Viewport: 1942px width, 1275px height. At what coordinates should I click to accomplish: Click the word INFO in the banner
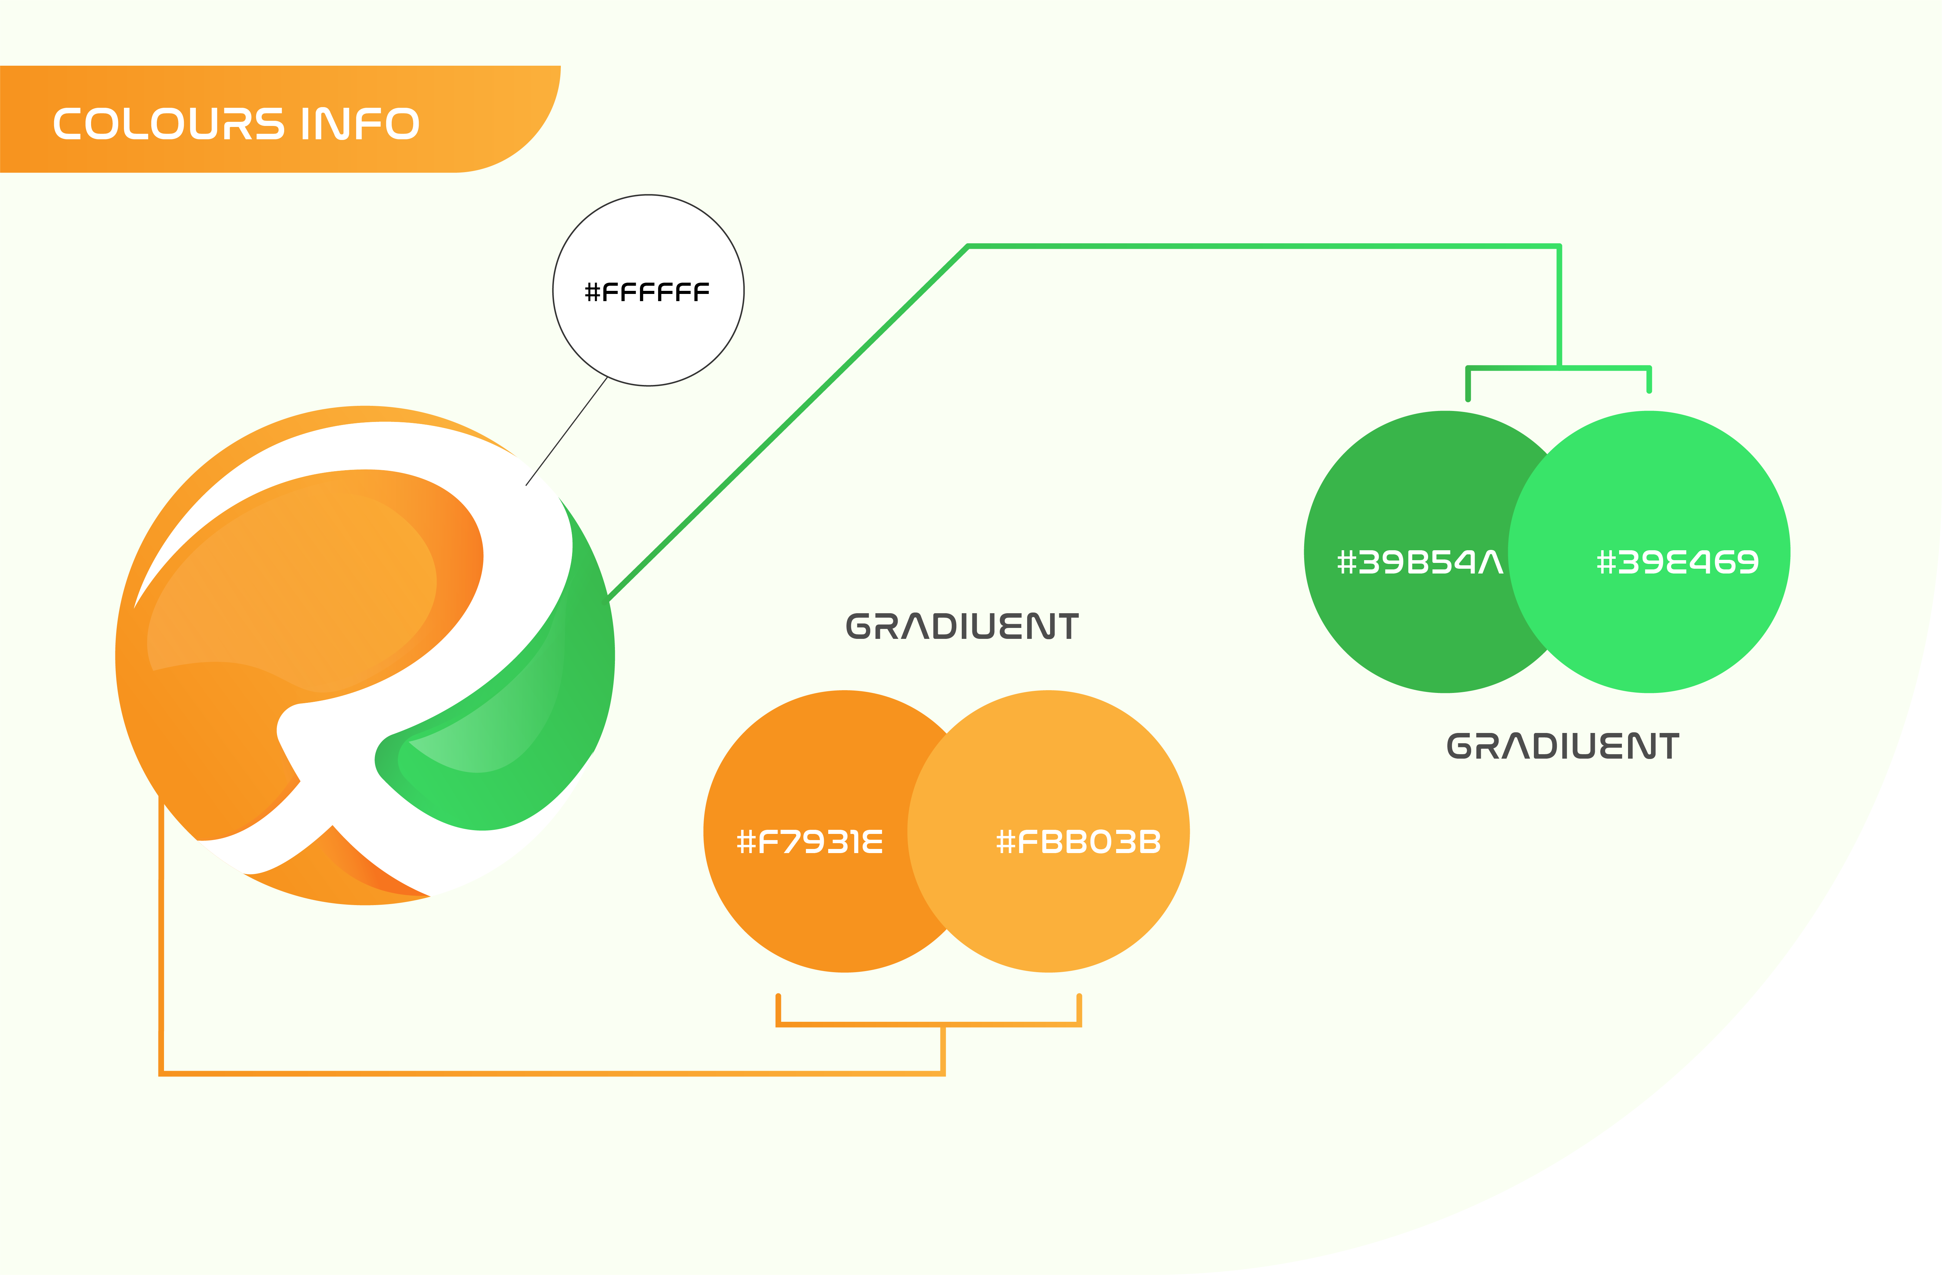tap(360, 124)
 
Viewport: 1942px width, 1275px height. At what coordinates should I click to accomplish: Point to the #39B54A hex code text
tap(1420, 562)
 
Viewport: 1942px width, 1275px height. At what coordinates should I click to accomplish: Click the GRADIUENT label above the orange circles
tap(962, 627)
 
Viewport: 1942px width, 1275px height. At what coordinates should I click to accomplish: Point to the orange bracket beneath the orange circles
tap(929, 1024)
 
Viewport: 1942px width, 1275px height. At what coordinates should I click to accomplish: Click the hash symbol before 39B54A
tap(1346, 562)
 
